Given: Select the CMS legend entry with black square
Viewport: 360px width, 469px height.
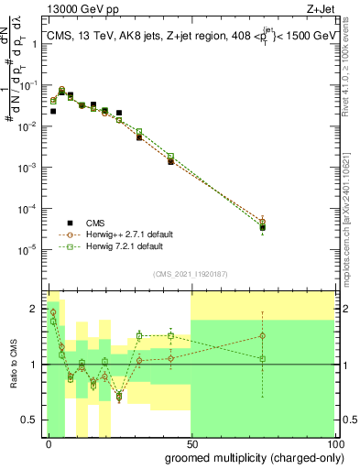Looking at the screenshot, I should point(83,223).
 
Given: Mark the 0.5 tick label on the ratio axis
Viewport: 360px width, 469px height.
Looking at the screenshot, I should point(31,420).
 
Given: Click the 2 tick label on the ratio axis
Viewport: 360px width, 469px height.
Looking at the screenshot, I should point(35,309).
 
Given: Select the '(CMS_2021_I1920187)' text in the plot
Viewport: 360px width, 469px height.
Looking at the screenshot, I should point(191,272).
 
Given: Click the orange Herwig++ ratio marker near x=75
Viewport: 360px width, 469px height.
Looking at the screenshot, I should point(263,336).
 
